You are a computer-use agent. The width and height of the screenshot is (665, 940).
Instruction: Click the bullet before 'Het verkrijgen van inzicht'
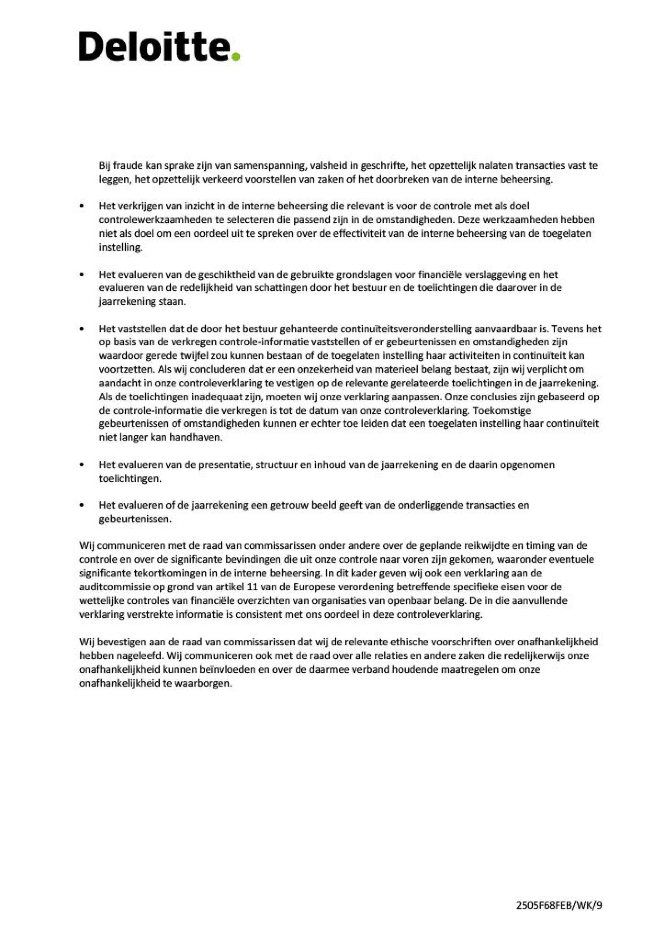pos(83,206)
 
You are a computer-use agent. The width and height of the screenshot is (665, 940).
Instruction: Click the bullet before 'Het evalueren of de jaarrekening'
pos(83,505)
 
